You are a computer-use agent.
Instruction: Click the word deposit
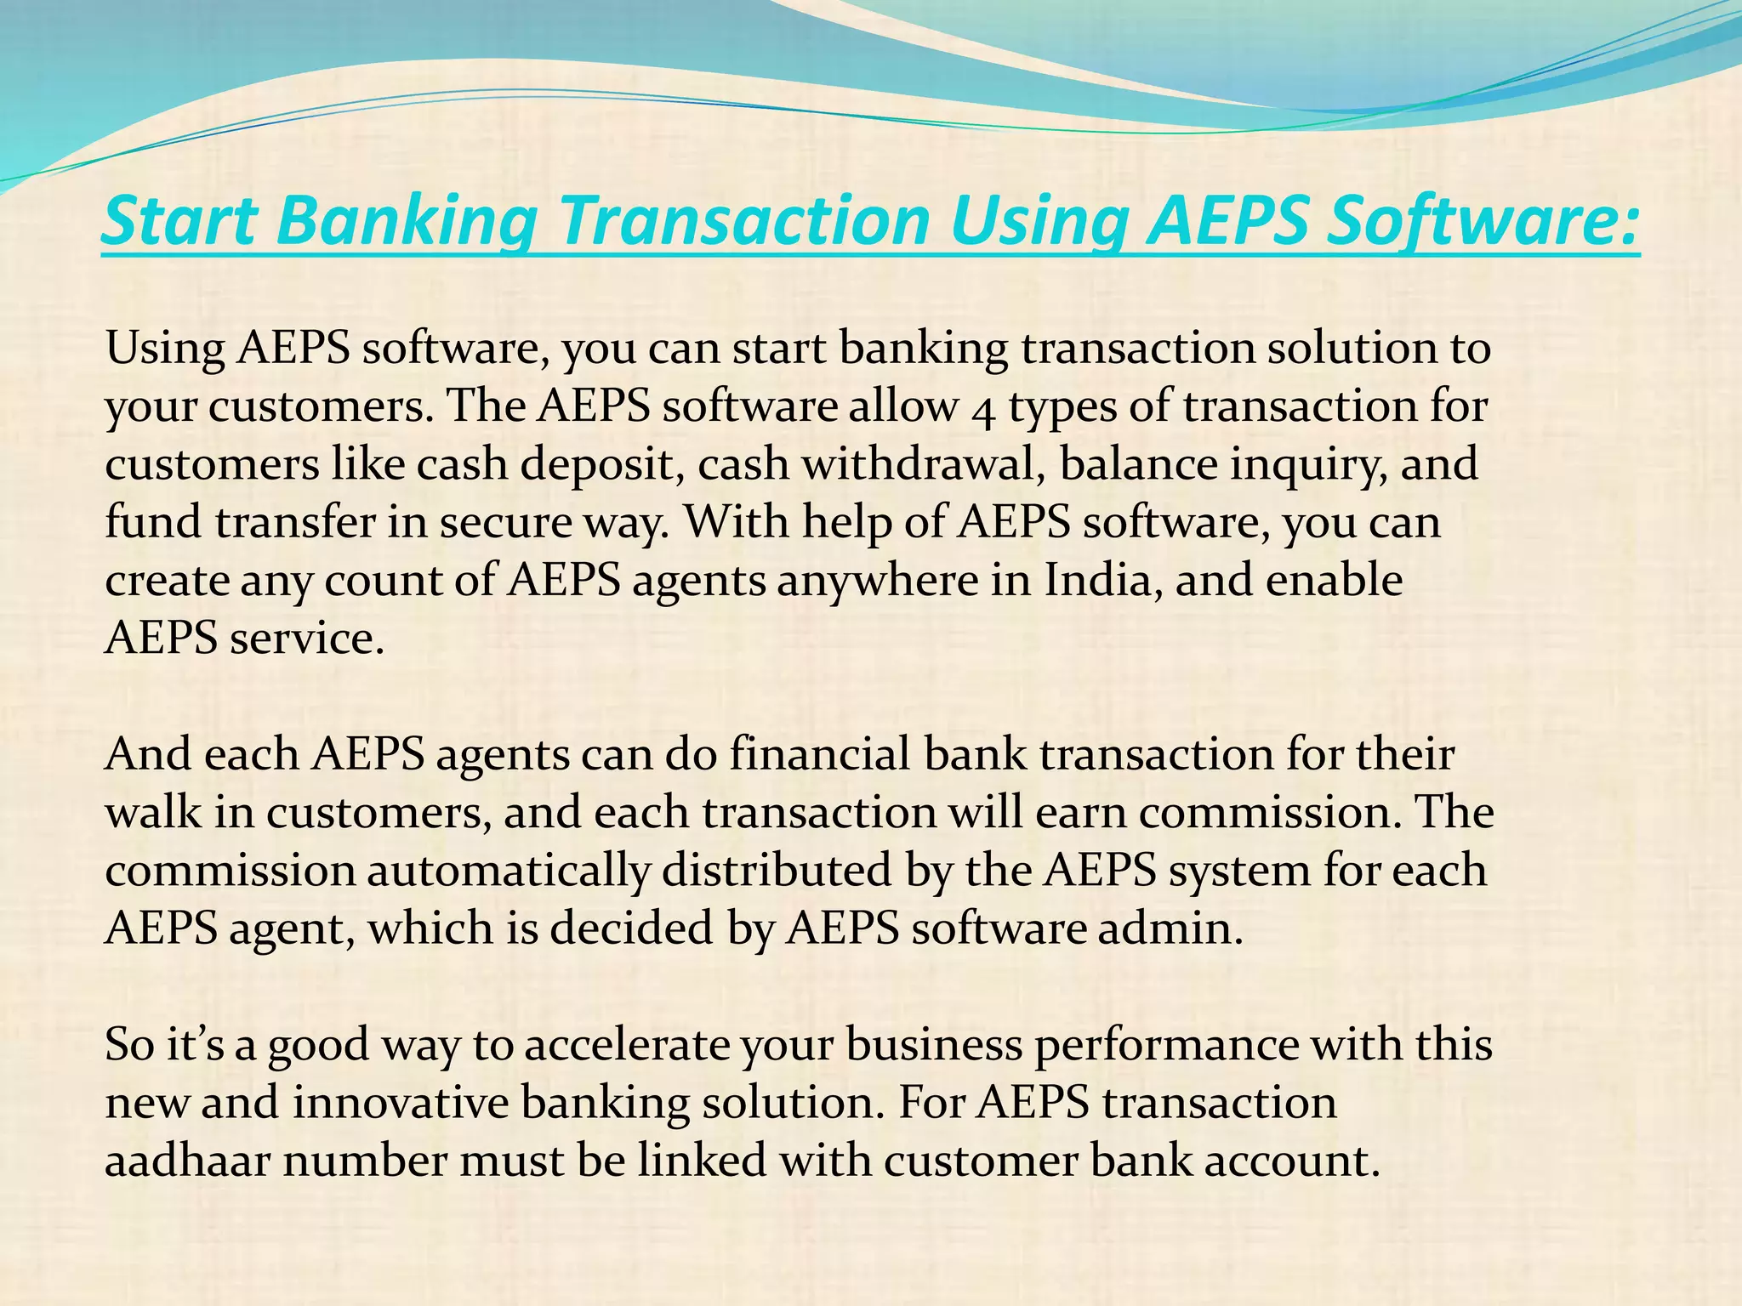point(596,465)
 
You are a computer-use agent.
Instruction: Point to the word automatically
point(508,871)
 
